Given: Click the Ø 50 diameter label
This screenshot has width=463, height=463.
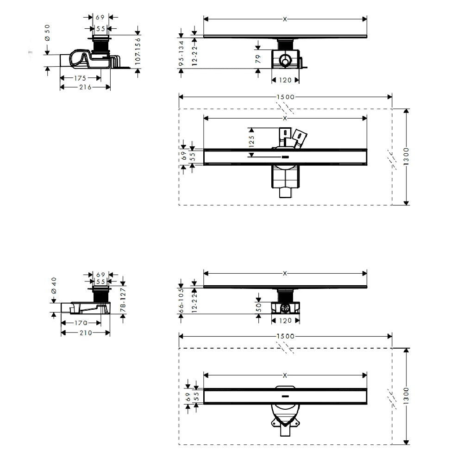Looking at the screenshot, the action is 47,33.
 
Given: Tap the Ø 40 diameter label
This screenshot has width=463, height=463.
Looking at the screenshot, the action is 53,286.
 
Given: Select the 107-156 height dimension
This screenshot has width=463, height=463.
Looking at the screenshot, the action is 138,51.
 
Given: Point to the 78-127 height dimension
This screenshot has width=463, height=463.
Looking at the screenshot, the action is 123,300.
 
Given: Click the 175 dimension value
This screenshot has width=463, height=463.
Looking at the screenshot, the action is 80,78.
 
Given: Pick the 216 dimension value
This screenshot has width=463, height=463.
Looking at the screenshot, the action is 85,87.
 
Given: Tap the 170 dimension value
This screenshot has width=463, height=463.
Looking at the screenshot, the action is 81,323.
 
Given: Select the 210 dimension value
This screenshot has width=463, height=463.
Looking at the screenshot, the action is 86,333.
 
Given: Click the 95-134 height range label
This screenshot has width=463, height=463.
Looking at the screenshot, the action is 181,53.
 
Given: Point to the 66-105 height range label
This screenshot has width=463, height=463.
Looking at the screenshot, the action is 181,300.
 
